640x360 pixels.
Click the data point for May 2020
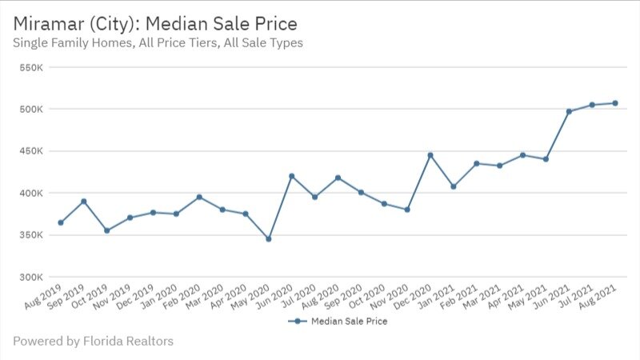268,238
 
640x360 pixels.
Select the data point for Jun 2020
291,176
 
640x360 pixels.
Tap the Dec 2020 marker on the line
430,155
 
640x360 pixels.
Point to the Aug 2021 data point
615,103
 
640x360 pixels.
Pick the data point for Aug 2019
61,222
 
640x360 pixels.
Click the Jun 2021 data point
569,111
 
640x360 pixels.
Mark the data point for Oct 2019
106,230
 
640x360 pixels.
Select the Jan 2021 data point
454,186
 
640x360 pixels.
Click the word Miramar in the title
49,22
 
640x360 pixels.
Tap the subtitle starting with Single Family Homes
158,42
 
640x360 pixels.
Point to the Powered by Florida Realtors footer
93,342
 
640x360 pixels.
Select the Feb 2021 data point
477,163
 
